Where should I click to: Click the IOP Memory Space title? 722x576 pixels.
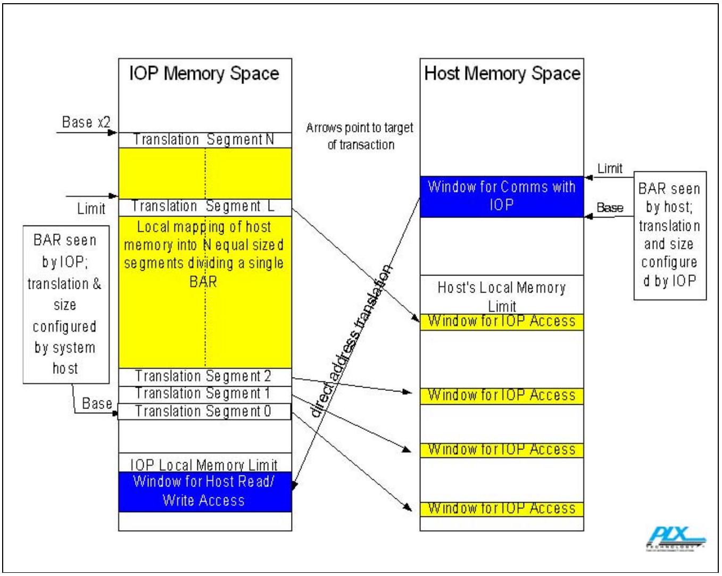204,73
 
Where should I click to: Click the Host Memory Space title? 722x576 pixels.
502,73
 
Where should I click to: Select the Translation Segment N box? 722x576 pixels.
205,140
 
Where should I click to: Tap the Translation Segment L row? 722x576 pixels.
205,207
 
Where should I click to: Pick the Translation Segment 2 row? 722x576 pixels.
205,377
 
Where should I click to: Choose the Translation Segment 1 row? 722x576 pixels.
205,395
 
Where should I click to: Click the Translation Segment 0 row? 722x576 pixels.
204,411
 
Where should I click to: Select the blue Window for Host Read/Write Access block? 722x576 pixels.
205,492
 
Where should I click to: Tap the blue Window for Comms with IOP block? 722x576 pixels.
502,197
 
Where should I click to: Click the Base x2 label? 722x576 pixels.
86,122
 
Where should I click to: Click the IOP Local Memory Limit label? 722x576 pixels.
204,465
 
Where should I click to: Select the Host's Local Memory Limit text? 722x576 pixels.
502,297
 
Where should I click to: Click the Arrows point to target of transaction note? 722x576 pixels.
360,136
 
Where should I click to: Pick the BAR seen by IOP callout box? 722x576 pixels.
66,305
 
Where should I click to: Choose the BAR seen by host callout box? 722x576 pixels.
670,236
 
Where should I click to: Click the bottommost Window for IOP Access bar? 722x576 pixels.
502,509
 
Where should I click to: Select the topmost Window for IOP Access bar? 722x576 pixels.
502,322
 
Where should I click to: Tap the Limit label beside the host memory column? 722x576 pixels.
610,169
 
